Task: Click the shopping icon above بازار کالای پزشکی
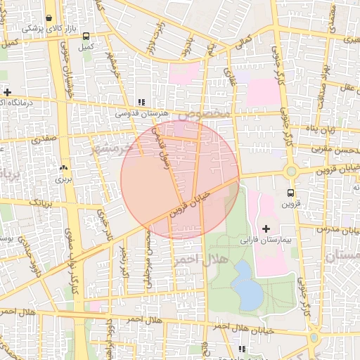click(49, 18)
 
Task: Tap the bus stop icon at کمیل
click(86, 36)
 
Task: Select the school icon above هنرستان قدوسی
click(141, 102)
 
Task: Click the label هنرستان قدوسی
click(141, 112)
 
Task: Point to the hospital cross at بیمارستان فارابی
click(266, 229)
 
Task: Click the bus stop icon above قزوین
click(291, 193)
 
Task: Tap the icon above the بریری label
click(64, 168)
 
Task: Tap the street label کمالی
click(245, 43)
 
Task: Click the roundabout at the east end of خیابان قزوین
click(291, 171)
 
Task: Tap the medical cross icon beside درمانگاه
click(7, 92)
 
